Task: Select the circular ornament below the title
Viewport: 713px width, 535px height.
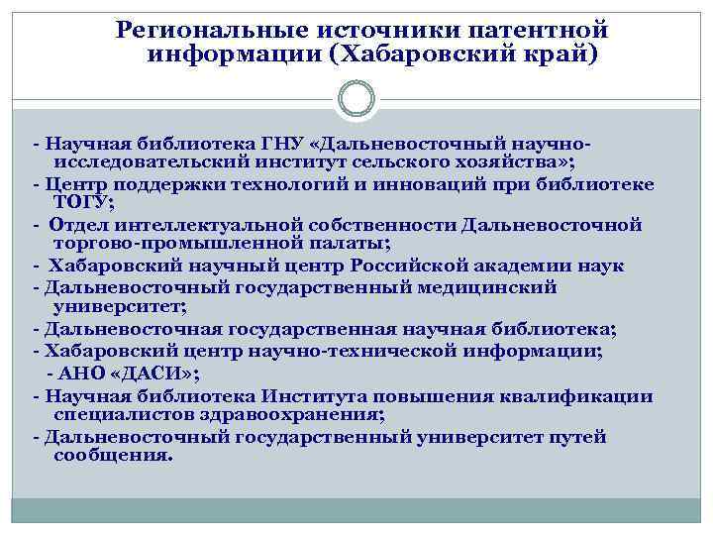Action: (x=356, y=99)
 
